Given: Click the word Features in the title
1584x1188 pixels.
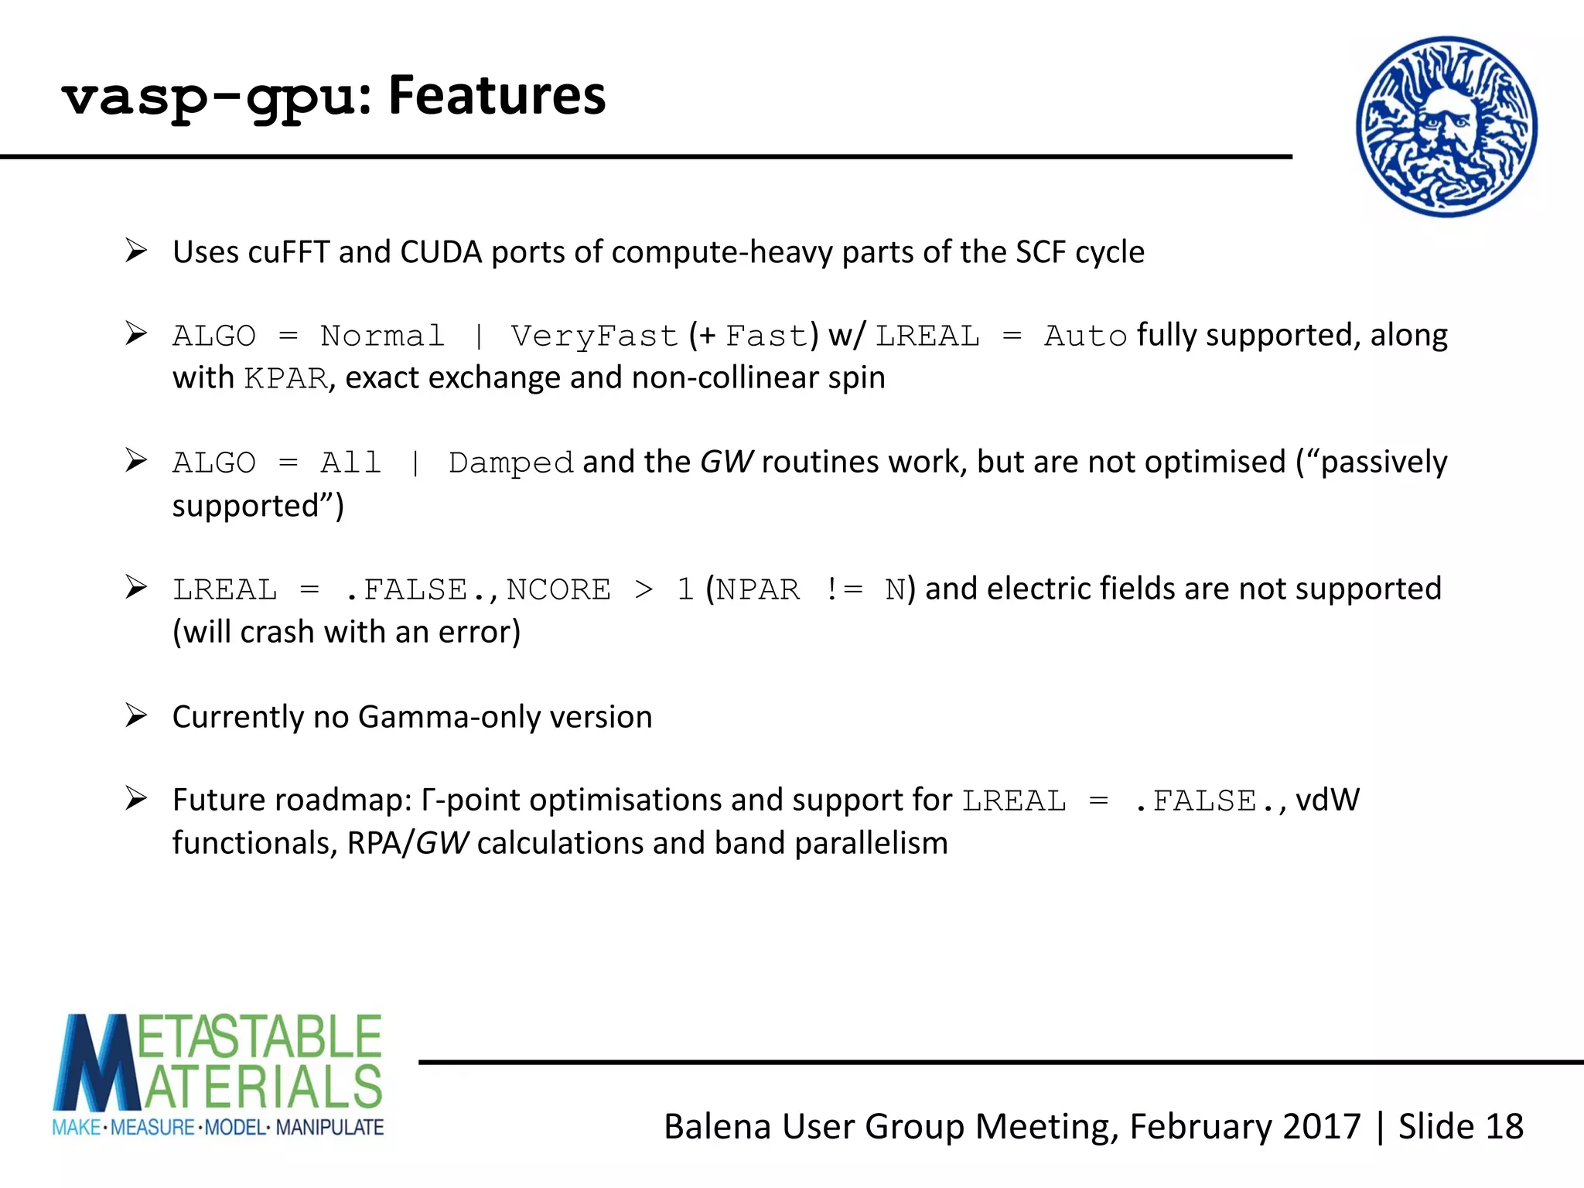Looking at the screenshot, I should point(497,97).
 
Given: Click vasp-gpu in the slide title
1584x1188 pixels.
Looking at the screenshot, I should point(209,99).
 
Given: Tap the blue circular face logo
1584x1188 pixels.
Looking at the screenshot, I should point(1446,127).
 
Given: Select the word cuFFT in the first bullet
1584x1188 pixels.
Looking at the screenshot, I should point(289,252).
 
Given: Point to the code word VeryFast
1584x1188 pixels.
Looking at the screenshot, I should point(594,336).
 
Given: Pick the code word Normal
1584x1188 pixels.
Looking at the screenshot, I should point(382,336).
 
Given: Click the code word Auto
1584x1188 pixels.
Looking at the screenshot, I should point(1085,336).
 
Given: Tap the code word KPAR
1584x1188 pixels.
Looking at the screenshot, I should point(285,379).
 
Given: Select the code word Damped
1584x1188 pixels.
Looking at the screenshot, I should point(510,463).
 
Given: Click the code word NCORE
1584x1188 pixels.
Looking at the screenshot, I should point(558,590).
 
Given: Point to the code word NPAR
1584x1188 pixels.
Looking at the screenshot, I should point(757,590).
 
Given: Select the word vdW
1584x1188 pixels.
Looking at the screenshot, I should point(1327,801).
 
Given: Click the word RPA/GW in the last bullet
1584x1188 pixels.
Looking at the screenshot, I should point(407,843).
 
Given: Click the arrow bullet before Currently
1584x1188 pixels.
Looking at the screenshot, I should point(136,715).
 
